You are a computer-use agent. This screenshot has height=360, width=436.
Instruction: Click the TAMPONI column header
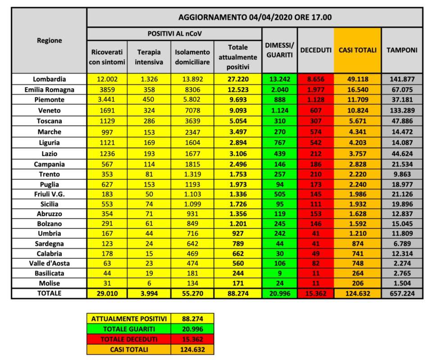click(402, 50)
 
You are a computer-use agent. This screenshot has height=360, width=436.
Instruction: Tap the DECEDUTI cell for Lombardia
click(315, 79)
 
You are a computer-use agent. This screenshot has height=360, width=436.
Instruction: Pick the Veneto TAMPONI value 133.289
click(402, 110)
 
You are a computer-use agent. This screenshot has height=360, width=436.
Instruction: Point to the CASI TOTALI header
click(357, 50)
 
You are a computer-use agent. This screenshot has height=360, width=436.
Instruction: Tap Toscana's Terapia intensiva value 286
click(149, 121)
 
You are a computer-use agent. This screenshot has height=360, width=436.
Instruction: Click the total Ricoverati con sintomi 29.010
click(107, 293)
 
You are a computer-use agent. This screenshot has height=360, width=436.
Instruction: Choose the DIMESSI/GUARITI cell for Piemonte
click(279, 100)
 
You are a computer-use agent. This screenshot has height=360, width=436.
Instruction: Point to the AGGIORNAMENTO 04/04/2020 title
click(254, 18)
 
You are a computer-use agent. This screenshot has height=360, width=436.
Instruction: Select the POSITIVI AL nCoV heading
click(174, 34)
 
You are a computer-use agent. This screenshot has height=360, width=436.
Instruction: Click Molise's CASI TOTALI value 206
click(357, 283)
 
